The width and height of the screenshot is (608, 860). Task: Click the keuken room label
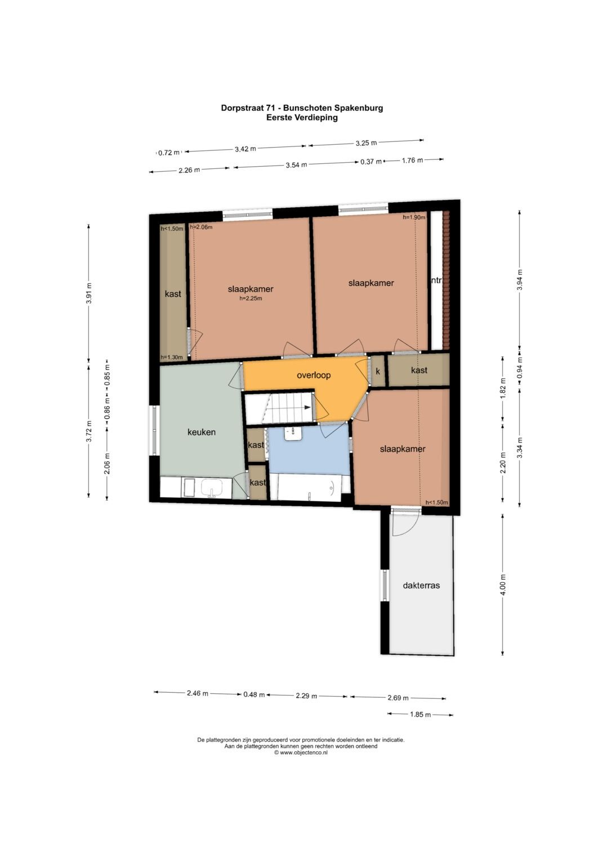click(x=201, y=433)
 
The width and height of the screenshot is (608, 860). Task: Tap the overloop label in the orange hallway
click(x=314, y=375)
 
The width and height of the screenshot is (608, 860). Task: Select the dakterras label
click(x=421, y=586)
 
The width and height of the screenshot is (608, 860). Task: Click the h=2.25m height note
click(x=251, y=298)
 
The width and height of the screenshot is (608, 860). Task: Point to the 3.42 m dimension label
click(x=245, y=149)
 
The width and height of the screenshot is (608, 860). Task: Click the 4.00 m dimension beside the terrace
click(x=503, y=585)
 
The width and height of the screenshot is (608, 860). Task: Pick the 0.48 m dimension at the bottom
click(x=254, y=694)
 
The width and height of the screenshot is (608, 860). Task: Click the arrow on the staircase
click(x=308, y=408)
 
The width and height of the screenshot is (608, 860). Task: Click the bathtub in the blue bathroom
click(x=309, y=488)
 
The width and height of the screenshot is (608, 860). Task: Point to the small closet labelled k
click(x=378, y=371)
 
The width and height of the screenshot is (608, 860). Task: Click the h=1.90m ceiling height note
click(x=414, y=217)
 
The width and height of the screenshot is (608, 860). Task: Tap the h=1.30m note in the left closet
click(x=172, y=357)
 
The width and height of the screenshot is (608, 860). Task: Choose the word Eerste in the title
click(x=279, y=118)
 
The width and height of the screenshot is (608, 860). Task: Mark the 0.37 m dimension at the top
click(x=371, y=162)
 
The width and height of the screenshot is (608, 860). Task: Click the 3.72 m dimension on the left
click(x=89, y=431)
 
